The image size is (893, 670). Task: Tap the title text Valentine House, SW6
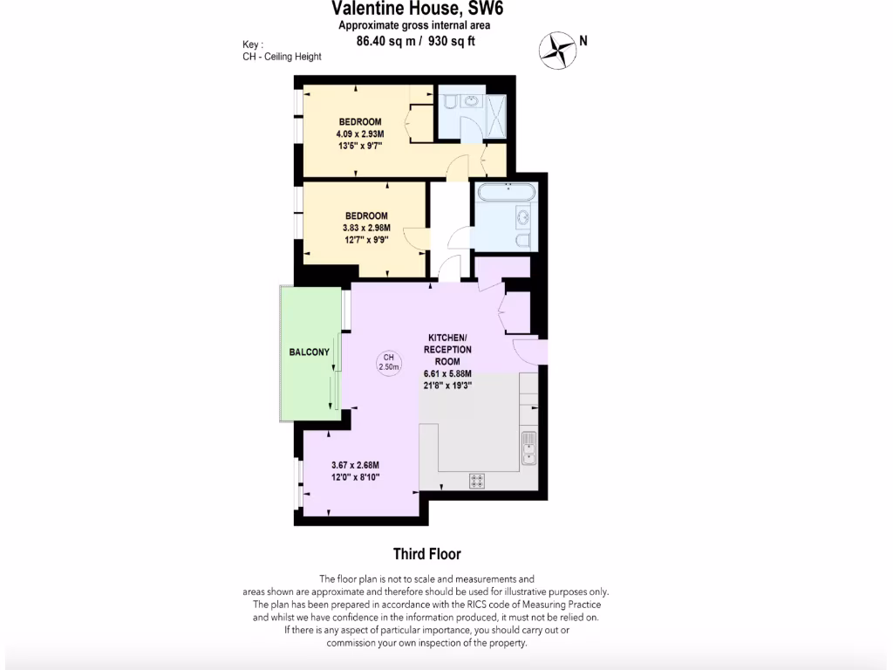(x=417, y=9)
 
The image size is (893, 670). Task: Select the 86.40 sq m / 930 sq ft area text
(x=417, y=40)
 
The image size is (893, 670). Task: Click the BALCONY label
(x=310, y=352)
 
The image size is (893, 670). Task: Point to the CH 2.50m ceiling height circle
(x=389, y=362)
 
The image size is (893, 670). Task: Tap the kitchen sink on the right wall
(x=528, y=448)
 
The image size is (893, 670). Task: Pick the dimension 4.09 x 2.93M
(x=360, y=133)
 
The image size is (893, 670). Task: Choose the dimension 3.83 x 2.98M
(x=366, y=228)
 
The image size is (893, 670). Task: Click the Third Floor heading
(x=426, y=554)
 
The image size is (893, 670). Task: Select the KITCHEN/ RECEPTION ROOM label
(x=448, y=349)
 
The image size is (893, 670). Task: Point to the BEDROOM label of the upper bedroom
(x=360, y=121)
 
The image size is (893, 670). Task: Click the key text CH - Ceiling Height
(x=282, y=57)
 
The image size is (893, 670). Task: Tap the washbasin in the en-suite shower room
(x=472, y=101)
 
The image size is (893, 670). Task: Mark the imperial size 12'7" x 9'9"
(x=366, y=240)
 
